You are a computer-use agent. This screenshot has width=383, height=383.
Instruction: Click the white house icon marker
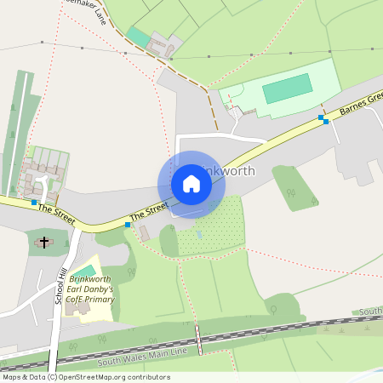(191, 184)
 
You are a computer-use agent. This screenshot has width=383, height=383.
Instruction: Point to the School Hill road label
(60, 284)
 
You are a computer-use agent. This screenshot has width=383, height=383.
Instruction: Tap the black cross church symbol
(43, 243)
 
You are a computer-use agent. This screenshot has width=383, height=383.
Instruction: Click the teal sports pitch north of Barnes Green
(287, 88)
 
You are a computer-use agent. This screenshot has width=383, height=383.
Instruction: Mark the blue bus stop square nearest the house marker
(128, 225)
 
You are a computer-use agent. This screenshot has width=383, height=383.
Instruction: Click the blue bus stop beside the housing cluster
(34, 203)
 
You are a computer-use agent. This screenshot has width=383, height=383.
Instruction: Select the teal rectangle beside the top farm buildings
(138, 37)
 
